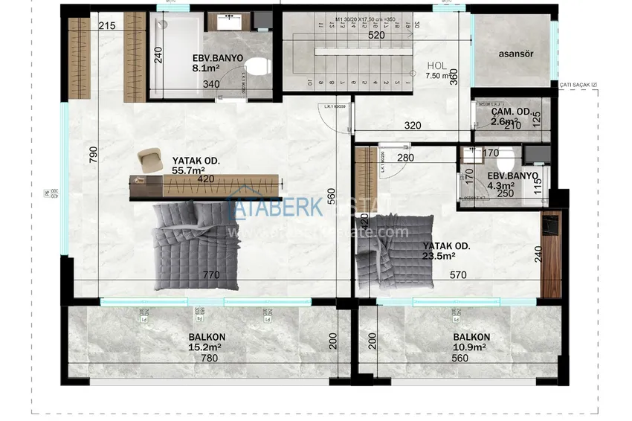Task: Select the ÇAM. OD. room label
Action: [511, 112]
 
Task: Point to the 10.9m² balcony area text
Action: [469, 347]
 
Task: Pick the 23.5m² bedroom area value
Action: [439, 257]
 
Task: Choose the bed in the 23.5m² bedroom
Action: [394, 253]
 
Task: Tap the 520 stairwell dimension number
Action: [377, 35]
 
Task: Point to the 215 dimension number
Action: [107, 27]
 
